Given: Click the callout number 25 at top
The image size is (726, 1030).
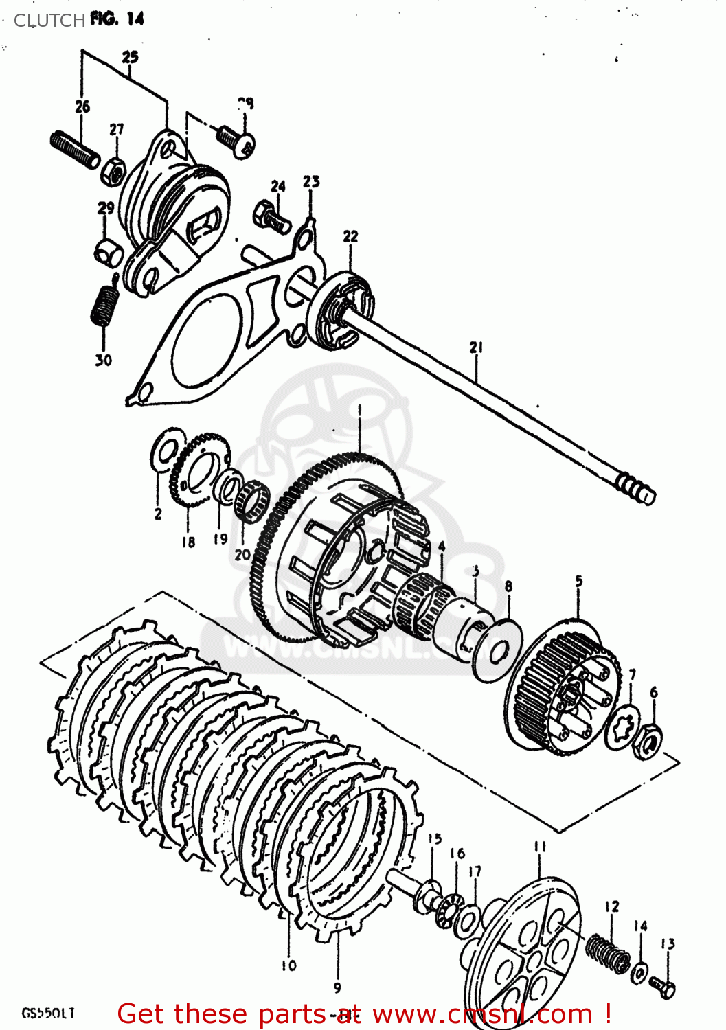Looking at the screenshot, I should coord(130,57).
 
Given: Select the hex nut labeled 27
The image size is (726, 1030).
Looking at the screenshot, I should coord(114,169).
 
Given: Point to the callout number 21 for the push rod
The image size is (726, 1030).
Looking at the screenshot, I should coord(477,347).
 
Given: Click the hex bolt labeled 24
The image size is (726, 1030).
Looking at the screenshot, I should coord(271,215).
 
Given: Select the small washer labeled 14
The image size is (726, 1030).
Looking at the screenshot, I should coord(639,972).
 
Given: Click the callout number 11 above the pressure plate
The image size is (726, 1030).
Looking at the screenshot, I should coord(541,847).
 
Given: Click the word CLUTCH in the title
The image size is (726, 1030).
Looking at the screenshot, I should coord(49,21).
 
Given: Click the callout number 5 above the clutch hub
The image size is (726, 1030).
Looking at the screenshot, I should coord(579,581).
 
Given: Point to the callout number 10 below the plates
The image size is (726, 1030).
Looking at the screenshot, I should coord(288,965).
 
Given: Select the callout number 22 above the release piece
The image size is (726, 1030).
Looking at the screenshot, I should coord(350,236).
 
